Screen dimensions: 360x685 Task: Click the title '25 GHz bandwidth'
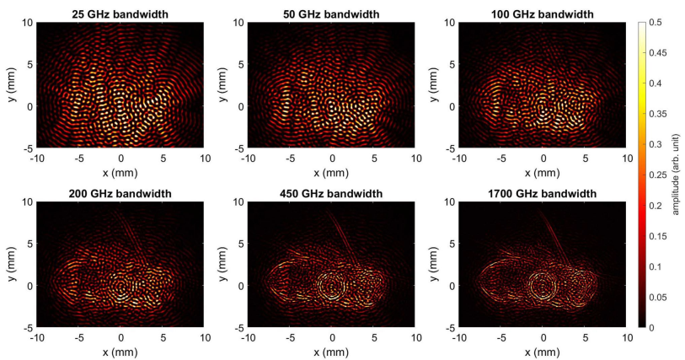(121, 14)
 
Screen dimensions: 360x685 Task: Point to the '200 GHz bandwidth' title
(121, 194)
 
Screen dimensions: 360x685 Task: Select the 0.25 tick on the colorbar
(657, 175)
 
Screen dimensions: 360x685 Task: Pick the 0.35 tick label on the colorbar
(657, 114)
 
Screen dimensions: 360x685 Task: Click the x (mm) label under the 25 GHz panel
(121, 172)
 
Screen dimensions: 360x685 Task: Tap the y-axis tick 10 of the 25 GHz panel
(29, 23)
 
